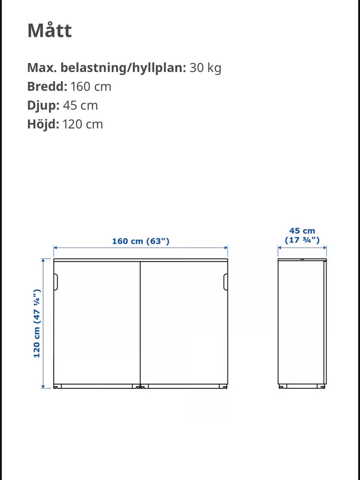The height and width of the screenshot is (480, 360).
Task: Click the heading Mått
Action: [49, 30]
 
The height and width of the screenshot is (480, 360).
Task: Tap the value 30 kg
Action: [205, 68]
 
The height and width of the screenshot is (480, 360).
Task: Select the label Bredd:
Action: [47, 87]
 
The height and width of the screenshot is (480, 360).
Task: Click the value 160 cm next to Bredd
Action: [91, 87]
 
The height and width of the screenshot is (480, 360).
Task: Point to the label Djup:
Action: [43, 105]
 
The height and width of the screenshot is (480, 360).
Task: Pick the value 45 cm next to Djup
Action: [80, 105]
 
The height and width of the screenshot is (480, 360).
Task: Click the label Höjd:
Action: [43, 124]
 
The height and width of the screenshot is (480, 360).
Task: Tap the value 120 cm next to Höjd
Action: [82, 124]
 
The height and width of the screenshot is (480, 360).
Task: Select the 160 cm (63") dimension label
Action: [141, 241]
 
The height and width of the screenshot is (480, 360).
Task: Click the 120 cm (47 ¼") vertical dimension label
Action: [37, 323]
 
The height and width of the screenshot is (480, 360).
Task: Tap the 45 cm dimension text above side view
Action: [302, 231]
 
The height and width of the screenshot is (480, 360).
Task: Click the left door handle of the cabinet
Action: [56, 282]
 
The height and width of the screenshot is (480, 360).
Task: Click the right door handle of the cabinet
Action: [226, 282]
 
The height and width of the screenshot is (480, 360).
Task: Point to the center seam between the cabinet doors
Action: [140, 323]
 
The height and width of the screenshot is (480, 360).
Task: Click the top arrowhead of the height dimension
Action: [43, 260]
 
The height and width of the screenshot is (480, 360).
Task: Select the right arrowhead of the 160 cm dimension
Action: [226, 248]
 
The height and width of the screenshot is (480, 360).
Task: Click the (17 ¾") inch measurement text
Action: [302, 240]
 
